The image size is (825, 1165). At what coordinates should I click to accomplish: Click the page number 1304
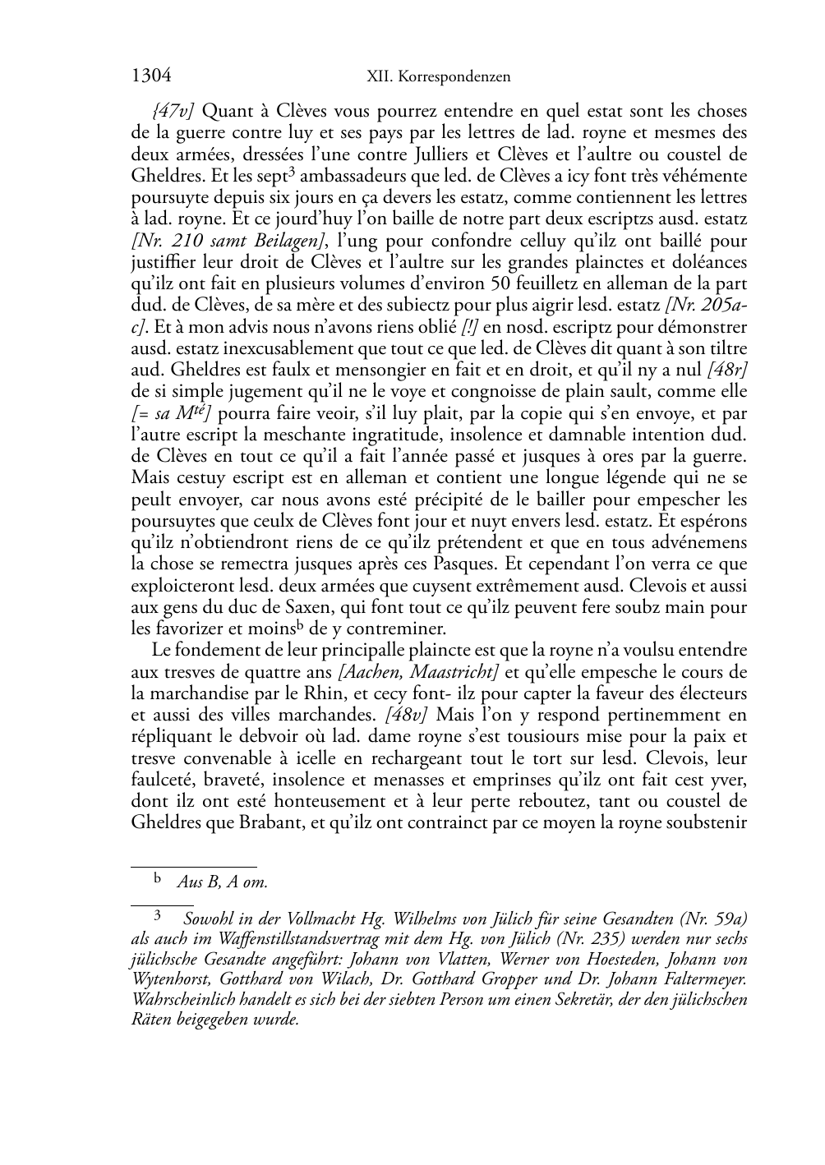click(151, 76)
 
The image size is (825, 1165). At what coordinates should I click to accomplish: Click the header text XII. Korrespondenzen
click(438, 77)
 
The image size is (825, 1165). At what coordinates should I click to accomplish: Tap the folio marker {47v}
click(174, 110)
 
